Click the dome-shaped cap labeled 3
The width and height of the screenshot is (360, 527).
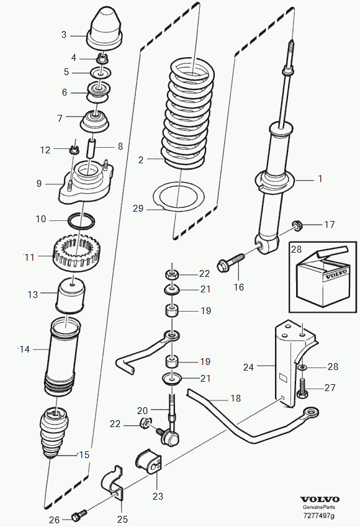105,29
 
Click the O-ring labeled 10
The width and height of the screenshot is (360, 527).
81,220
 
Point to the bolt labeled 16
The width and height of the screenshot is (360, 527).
231,263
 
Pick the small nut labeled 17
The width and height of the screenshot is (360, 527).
297,225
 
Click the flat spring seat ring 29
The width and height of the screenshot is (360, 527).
179,196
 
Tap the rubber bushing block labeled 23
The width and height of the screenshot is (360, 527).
149,461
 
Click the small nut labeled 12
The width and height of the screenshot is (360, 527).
75,149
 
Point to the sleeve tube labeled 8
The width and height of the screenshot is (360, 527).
92,148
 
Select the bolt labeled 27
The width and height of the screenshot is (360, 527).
302,389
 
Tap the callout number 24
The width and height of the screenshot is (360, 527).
248,367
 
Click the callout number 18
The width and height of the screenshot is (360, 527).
236,399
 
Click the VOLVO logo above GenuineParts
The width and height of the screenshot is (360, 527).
320,500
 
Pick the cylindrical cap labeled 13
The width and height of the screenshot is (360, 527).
71,295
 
